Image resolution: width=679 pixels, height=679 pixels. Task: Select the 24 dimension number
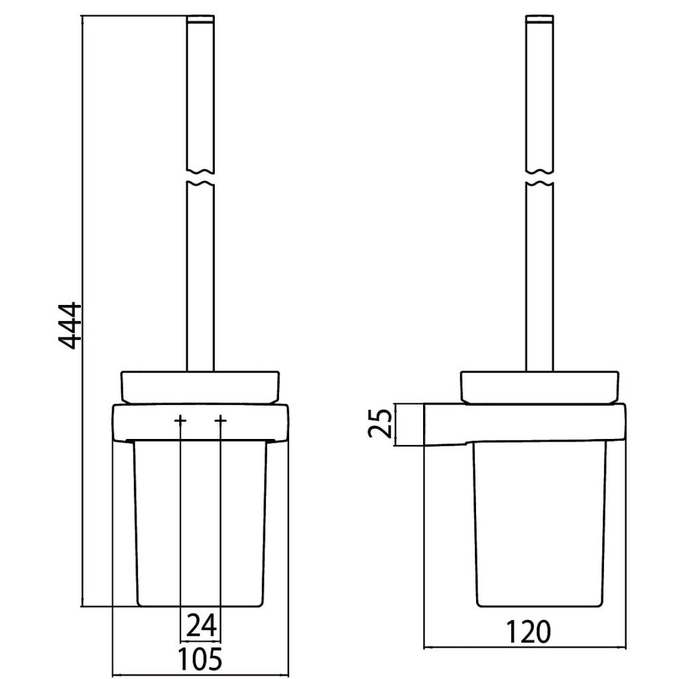202,625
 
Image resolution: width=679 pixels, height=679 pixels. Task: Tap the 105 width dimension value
200,658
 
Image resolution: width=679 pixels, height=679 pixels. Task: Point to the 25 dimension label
380,425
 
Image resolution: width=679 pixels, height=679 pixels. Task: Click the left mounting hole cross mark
180,420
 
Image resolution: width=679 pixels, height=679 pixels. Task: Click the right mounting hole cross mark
220,420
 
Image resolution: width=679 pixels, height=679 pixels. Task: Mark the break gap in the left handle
200,176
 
